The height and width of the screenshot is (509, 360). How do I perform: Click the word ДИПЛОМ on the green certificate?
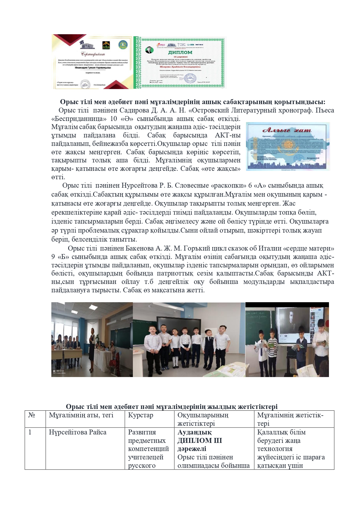click(180, 52)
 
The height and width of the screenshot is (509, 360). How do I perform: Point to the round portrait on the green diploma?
click(149, 50)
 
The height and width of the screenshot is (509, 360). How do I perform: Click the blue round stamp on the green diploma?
click(190, 78)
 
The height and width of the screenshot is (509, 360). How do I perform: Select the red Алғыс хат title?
click(287, 130)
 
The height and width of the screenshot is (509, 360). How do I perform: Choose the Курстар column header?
click(141, 415)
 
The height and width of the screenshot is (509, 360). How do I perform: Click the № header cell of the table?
click(32, 415)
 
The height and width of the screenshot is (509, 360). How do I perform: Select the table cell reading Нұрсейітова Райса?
click(77, 432)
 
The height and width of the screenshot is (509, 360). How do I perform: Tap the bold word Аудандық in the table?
click(194, 432)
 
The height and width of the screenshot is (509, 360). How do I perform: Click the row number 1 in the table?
click(30, 432)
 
